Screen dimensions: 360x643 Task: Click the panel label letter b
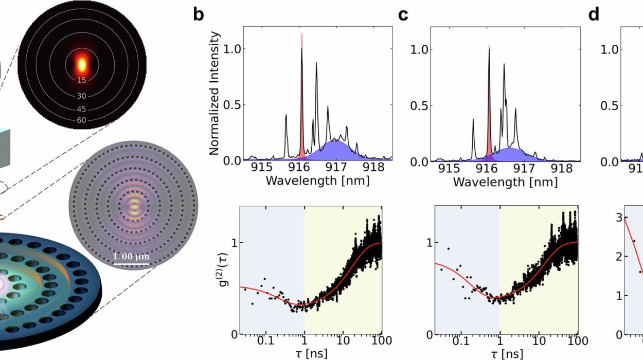click(x=199, y=14)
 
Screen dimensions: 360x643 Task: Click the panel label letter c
click(x=403, y=14)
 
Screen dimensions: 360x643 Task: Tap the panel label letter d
click(x=594, y=14)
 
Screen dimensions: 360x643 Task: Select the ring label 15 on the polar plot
click(x=81, y=80)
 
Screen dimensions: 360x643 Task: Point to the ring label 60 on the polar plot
click(x=81, y=120)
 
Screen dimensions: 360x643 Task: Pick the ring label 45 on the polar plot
click(x=81, y=109)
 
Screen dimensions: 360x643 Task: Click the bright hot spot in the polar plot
click(x=81, y=64)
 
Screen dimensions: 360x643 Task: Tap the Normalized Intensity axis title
click(x=215, y=93)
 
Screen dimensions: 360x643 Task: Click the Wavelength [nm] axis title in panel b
click(x=317, y=182)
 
